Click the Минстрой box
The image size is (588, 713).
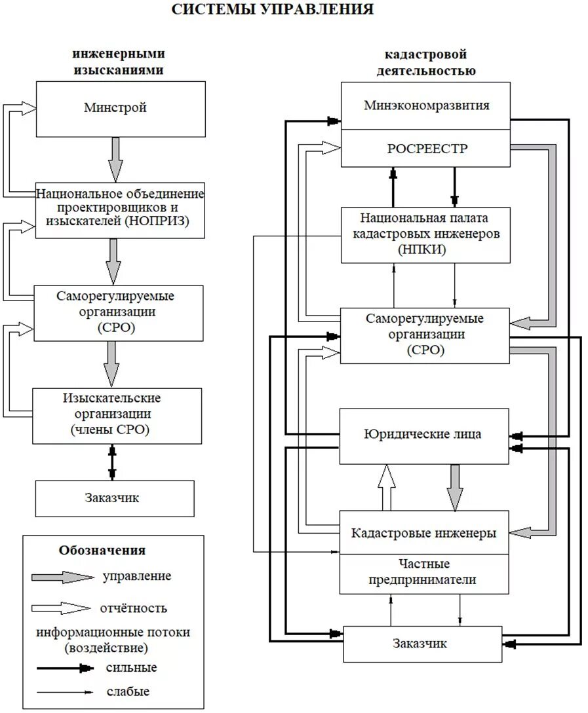tap(115, 109)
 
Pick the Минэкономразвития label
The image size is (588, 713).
tap(426, 105)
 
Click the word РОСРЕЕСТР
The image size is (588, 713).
tap(426, 149)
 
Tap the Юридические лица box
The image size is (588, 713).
tap(423, 434)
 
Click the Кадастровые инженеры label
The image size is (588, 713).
tap(423, 532)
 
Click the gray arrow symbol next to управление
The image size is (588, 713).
tap(65, 577)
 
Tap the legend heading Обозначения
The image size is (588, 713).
tap(102, 550)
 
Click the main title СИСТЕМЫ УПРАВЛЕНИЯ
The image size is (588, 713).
tap(273, 10)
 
